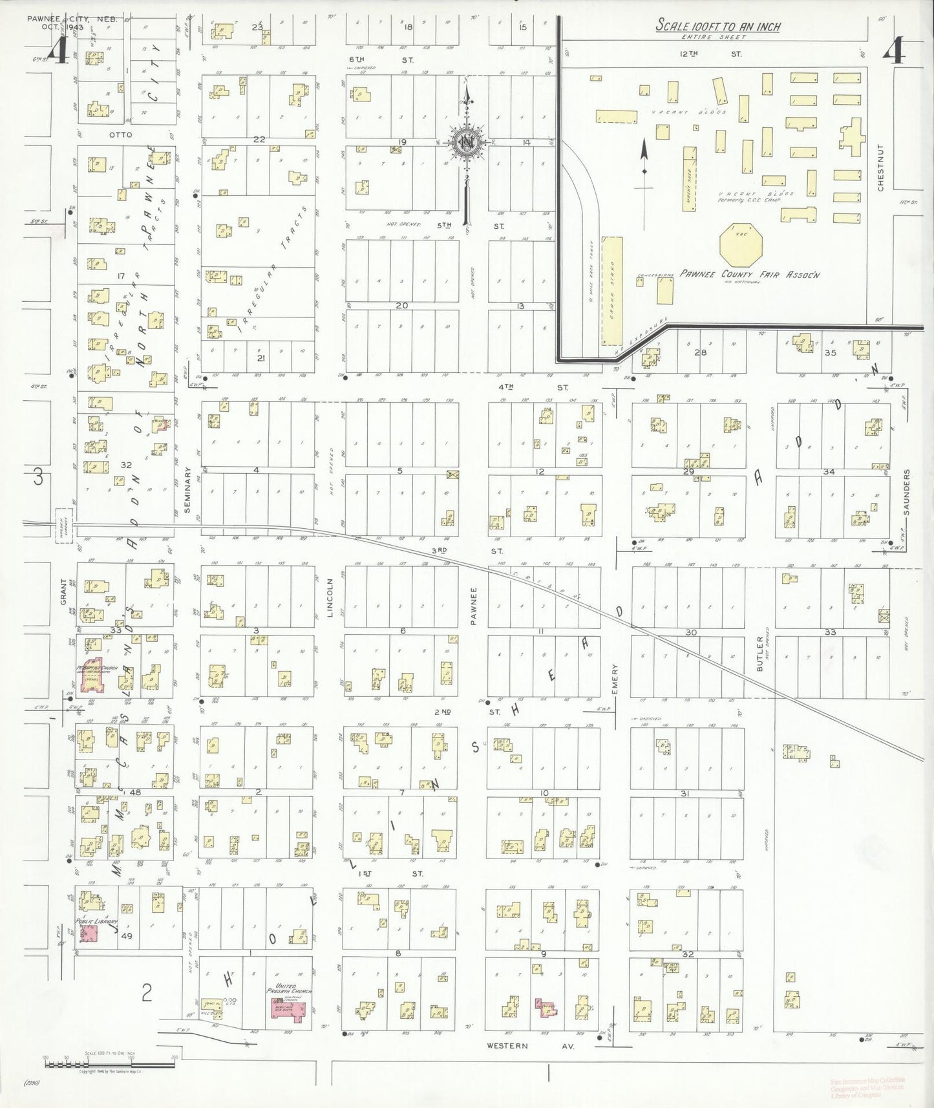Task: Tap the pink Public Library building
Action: [x=89, y=934]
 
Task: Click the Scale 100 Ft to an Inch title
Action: [x=718, y=27]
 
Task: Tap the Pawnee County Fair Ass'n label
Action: [x=750, y=275]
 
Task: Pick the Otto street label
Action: [x=121, y=134]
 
